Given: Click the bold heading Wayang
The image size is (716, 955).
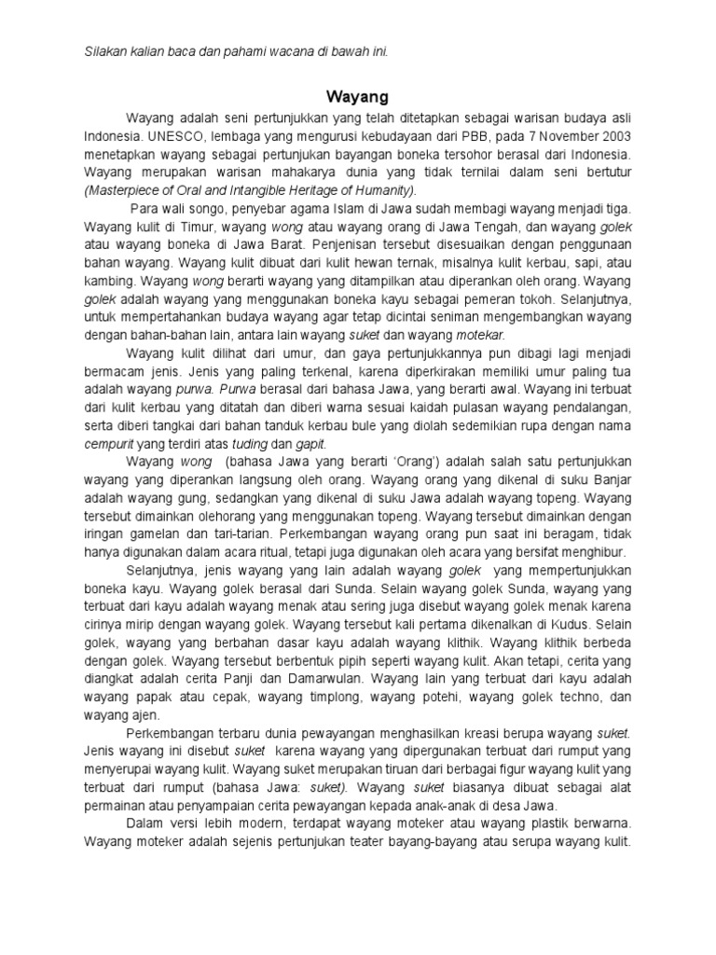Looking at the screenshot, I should [x=357, y=96].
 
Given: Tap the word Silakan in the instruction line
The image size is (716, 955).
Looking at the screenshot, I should [x=105, y=48].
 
